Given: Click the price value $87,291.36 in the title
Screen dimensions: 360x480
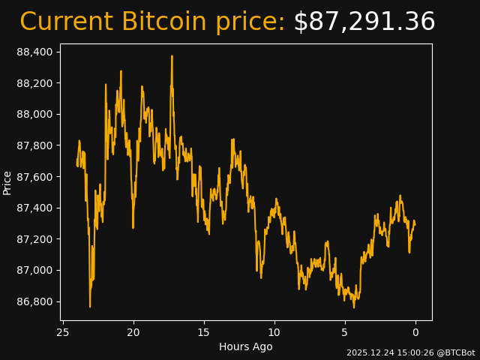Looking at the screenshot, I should (x=364, y=22).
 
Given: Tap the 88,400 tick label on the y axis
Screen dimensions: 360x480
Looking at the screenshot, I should (x=35, y=52).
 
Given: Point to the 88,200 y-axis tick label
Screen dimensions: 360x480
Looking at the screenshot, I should (x=35, y=83).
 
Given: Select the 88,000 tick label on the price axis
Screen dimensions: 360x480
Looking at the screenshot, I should (x=35, y=114).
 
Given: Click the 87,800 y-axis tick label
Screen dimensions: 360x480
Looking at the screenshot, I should (x=35, y=145).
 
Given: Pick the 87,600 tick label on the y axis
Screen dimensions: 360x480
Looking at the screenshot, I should (x=35, y=177).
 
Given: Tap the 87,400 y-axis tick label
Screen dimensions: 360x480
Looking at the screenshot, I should (x=35, y=208).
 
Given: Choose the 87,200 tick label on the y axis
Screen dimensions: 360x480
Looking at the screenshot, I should (x=35, y=239).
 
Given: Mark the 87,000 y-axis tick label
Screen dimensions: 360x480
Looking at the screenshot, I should (x=35, y=270).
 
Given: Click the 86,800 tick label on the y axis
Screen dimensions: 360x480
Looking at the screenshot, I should (x=35, y=301).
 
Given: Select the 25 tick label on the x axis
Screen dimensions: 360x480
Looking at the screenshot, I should (x=63, y=332).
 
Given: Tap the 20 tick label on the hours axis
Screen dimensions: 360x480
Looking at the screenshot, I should (x=133, y=332).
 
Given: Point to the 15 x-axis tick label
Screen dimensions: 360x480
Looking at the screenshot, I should (x=204, y=332).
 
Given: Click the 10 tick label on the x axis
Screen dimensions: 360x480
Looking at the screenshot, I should (x=274, y=332).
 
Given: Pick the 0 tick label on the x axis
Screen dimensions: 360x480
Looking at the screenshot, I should (x=415, y=332).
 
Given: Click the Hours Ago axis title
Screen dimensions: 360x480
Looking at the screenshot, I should (x=245, y=346).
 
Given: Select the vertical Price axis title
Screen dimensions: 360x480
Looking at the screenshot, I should (x=7, y=182).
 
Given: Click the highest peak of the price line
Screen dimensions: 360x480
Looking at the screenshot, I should (x=172, y=56).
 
